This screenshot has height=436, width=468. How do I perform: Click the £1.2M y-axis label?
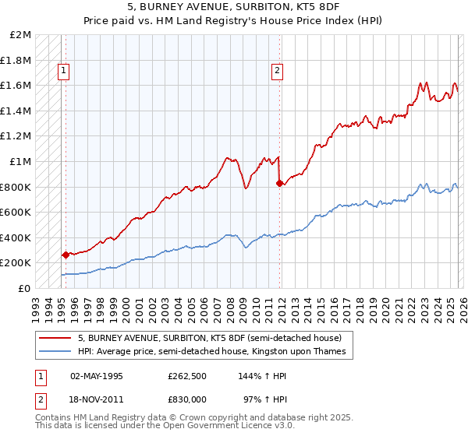16,136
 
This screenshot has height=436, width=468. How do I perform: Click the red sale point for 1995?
65,255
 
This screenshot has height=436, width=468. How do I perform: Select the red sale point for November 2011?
278,183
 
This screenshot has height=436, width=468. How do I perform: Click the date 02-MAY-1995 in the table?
97,375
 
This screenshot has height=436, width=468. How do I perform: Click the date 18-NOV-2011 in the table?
97,399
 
